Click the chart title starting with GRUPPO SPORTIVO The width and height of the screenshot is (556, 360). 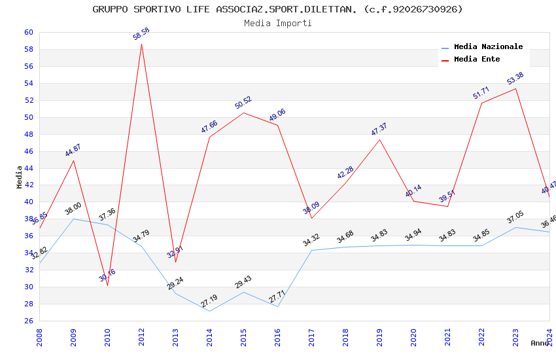[x=277, y=9]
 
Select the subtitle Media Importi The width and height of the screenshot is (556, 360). [x=277, y=23]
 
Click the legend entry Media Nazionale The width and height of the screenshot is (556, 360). [x=488, y=46]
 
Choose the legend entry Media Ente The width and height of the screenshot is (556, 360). [x=477, y=59]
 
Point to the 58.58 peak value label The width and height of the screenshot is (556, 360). [x=141, y=34]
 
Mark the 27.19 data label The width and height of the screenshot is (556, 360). [x=209, y=301]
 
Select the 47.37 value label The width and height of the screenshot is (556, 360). [x=379, y=130]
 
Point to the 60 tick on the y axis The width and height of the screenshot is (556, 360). [x=28, y=32]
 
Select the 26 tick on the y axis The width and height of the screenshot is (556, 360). [x=28, y=321]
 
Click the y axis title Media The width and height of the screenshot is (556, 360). [x=19, y=177]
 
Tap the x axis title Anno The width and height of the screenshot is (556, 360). [x=540, y=343]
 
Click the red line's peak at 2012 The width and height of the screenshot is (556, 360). [x=141, y=44]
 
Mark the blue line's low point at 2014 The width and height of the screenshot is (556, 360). [x=209, y=311]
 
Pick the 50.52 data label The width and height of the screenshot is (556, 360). [x=243, y=103]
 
